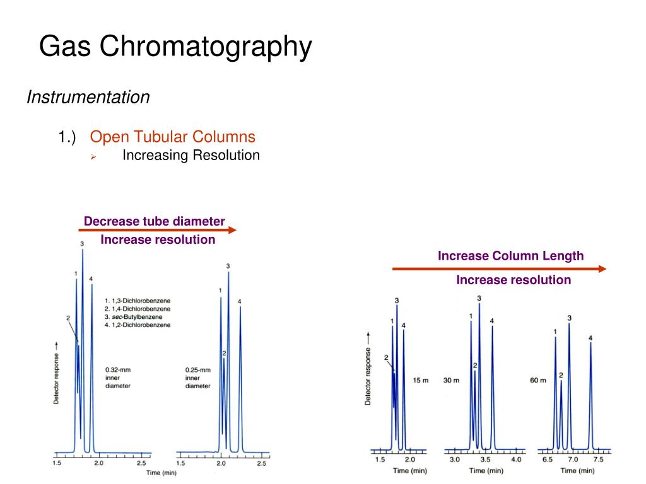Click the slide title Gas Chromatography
(x=175, y=47)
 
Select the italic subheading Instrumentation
(x=88, y=97)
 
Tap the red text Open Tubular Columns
(x=172, y=137)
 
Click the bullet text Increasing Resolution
(x=191, y=155)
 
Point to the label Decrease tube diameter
(x=155, y=221)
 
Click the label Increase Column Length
(x=511, y=256)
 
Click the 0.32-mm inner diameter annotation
(x=118, y=377)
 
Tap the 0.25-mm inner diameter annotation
(x=197, y=377)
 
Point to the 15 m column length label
(x=420, y=380)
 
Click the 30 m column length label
(x=452, y=380)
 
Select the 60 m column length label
(x=538, y=380)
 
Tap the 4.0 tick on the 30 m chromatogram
(x=516, y=460)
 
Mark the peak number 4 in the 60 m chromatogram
(x=590, y=338)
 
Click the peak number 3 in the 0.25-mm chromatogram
(x=228, y=266)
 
